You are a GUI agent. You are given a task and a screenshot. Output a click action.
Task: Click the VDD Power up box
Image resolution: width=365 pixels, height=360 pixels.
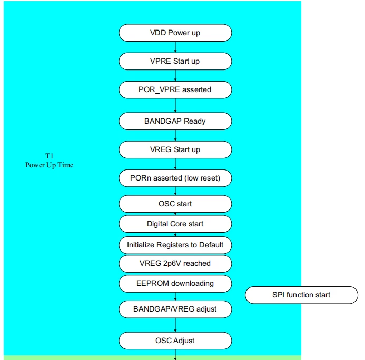[175, 33]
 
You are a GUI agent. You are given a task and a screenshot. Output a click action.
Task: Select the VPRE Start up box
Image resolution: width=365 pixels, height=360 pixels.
[175, 61]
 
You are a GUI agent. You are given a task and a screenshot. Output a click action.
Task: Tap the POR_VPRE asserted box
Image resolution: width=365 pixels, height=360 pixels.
[175, 90]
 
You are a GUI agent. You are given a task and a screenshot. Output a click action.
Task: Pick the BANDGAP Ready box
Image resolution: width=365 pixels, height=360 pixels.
[175, 121]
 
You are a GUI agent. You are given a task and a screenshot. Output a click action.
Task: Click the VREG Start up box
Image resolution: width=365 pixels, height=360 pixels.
[175, 149]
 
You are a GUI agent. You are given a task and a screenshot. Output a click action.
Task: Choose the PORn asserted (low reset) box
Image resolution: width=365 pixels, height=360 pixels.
[175, 178]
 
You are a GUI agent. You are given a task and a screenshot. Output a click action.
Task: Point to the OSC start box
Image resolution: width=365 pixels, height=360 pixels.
[175, 204]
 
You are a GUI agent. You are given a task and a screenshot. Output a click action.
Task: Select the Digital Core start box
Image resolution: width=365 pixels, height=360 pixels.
[175, 224]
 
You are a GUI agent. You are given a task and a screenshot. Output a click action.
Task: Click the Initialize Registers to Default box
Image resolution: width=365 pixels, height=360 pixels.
[175, 245]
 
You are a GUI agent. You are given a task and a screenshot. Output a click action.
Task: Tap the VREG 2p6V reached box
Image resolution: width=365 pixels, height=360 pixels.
[175, 264]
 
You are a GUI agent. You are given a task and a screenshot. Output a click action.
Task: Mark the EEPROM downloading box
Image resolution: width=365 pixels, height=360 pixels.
[175, 284]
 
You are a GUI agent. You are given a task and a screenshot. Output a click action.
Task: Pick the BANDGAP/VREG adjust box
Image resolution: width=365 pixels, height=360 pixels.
[175, 309]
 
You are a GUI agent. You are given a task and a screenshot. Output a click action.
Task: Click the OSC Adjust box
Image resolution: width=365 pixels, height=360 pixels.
[175, 341]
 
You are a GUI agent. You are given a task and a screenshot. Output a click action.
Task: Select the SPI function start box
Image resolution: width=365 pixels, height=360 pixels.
[301, 295]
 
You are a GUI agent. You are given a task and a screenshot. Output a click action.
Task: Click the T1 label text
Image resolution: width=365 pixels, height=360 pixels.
[50, 156]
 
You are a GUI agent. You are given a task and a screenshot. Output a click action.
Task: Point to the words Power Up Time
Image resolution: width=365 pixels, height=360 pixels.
[50, 165]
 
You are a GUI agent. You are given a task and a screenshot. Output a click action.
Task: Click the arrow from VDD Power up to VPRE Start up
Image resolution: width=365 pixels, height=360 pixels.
[175, 47]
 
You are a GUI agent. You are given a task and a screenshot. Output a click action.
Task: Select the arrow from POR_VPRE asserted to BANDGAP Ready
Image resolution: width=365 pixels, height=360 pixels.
[175, 106]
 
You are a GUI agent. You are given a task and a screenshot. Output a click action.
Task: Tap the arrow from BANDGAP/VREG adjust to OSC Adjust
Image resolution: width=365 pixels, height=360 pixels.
[175, 325]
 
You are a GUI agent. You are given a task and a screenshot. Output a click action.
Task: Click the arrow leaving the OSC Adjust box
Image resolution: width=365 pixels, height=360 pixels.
[175, 355]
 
